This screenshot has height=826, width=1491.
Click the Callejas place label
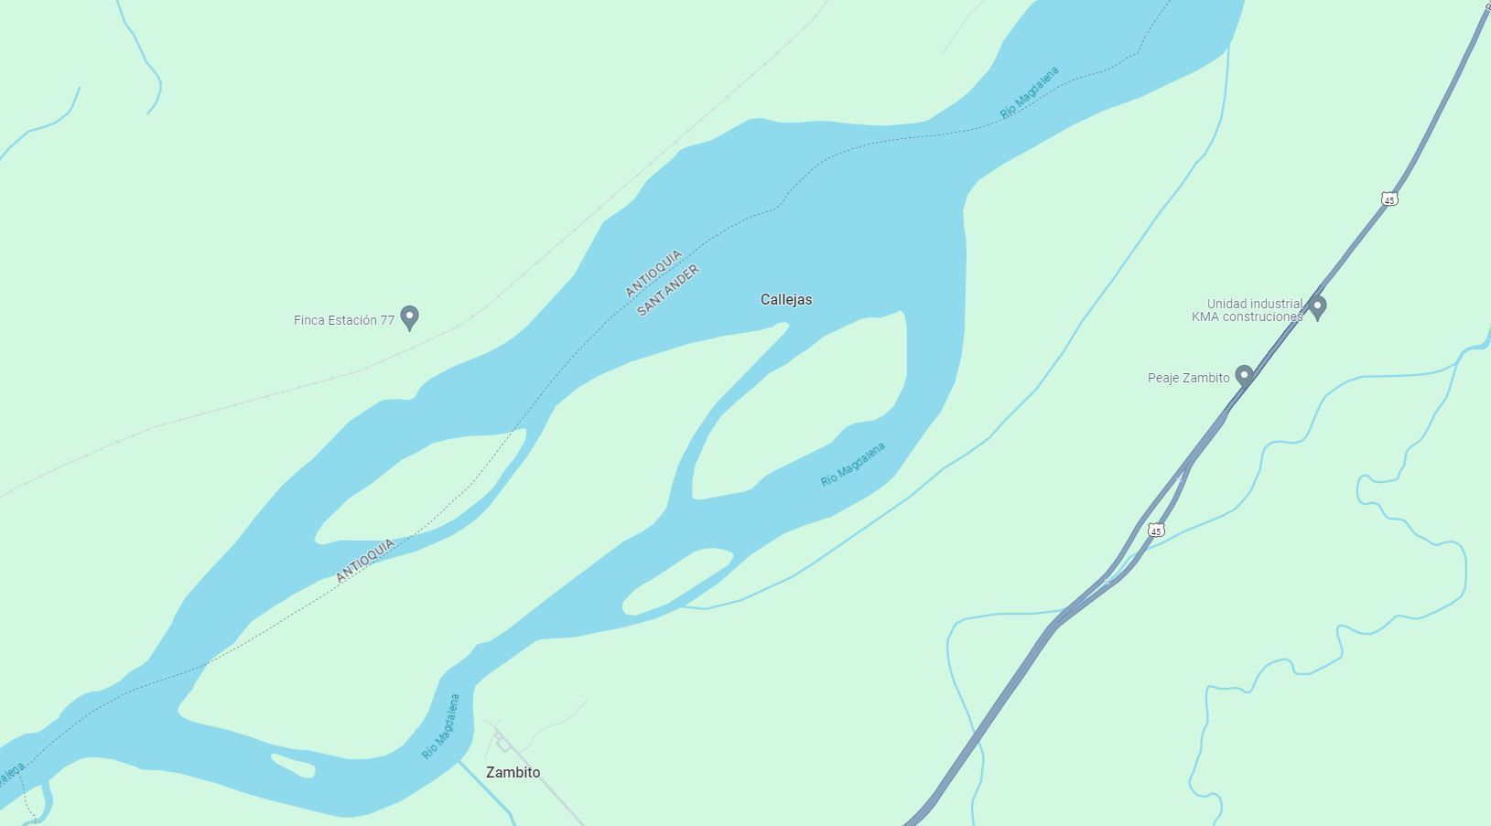(x=785, y=299)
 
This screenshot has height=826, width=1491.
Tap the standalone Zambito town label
(x=513, y=772)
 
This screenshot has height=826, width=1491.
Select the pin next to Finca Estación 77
(x=410, y=317)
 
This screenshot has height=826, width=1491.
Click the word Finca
(x=310, y=320)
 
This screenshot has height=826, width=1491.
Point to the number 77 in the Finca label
(x=387, y=320)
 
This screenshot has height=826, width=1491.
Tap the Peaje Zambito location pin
(x=1244, y=375)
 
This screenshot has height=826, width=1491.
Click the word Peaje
(x=1165, y=378)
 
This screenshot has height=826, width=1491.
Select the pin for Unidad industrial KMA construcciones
(x=1317, y=306)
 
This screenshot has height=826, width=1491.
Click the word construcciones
(x=1259, y=316)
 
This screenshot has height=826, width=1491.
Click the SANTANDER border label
(x=668, y=290)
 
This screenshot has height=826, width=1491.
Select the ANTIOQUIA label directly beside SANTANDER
(x=654, y=273)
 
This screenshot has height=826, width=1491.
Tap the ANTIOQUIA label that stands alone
(x=365, y=560)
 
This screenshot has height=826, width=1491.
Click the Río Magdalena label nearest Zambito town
(x=440, y=727)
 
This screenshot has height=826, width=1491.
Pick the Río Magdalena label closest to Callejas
(x=853, y=465)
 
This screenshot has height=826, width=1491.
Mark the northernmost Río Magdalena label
(x=1030, y=92)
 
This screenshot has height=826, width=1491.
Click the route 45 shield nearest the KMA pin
(x=1389, y=198)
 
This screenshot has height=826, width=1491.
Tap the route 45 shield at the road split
(x=1157, y=531)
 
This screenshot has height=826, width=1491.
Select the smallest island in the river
(x=293, y=765)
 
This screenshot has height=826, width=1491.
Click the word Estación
(x=353, y=320)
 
